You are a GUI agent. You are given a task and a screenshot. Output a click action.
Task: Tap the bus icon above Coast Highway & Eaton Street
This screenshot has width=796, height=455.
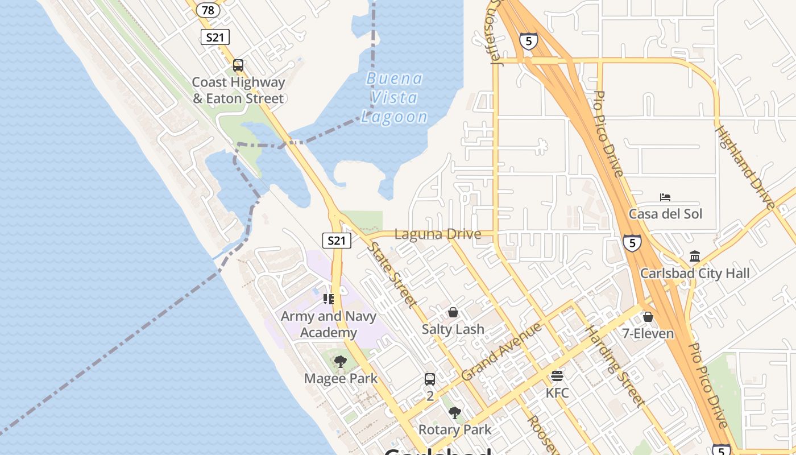pos(238,65)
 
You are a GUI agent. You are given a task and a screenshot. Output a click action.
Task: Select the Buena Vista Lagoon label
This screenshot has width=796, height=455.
pos(395,97)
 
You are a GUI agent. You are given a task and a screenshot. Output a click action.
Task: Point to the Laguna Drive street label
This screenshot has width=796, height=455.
pos(437,234)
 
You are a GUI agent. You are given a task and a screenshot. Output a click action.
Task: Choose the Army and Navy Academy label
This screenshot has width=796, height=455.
pos(328,324)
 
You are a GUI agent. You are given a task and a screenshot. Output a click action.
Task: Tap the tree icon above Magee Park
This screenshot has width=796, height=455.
pos(340,362)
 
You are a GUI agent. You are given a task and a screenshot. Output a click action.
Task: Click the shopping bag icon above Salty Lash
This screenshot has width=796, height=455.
pos(453,312)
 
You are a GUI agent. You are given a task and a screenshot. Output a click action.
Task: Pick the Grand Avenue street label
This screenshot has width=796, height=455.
pos(501,351)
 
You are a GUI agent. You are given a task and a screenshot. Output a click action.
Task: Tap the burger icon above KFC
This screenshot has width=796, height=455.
pos(557,376)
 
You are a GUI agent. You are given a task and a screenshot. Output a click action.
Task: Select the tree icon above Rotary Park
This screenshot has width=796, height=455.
pos(454,413)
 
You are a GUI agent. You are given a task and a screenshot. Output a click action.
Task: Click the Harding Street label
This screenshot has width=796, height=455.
pos(615,366)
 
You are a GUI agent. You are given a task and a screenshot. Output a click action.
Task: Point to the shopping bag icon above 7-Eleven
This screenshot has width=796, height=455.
pos(648,317)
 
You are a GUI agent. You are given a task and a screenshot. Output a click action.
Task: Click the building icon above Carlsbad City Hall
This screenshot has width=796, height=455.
pos(694,257)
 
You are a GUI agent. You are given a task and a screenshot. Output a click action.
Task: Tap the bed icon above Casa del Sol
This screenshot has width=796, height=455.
pos(665,197)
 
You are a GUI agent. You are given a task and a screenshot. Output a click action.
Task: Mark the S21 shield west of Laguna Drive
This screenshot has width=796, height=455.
pos(337,241)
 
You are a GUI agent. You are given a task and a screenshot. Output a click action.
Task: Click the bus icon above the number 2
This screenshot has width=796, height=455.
pos(430,379)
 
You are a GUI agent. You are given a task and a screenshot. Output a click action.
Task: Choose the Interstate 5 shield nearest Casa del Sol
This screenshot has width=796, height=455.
pos(632,243)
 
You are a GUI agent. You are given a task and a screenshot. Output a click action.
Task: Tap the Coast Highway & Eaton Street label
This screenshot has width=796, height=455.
pos(238,90)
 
